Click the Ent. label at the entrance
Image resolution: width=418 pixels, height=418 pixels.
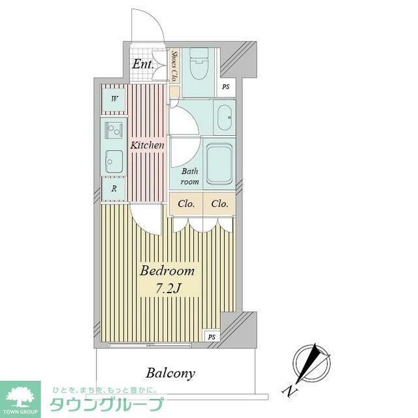click(x=142, y=64)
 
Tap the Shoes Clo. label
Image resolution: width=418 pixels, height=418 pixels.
click(x=174, y=65)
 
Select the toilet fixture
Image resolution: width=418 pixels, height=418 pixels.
click(x=197, y=65)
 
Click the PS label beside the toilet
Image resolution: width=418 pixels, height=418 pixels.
click(x=225, y=87)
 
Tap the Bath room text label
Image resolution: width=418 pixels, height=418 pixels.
click(x=190, y=177)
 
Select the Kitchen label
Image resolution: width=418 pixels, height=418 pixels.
click(x=147, y=145)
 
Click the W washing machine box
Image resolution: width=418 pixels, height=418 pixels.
click(x=114, y=99)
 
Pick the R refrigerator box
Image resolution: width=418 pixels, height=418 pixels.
click(x=114, y=188)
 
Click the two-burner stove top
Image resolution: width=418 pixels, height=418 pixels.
click(x=114, y=131)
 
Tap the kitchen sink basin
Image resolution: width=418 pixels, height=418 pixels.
click(x=114, y=160)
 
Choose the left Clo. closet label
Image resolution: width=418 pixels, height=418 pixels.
click(x=186, y=204)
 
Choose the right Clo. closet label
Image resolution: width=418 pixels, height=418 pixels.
click(x=219, y=204)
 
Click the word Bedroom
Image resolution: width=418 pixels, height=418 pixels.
click(x=168, y=270)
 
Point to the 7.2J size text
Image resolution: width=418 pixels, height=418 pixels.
click(x=168, y=287)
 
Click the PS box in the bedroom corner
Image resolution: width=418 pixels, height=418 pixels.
click(x=211, y=336)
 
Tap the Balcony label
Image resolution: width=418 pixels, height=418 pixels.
click(x=170, y=374)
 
